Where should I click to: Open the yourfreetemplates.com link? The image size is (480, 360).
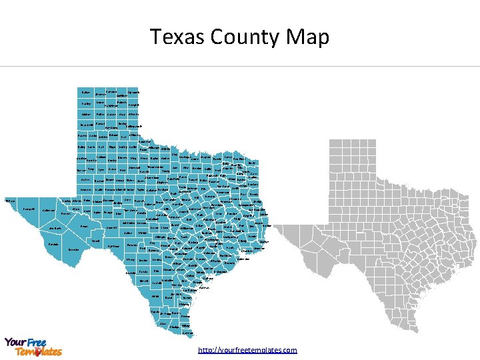tap(247, 350)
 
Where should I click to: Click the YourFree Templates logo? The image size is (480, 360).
tap(33, 346)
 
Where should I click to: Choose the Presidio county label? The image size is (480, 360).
tap(53, 245)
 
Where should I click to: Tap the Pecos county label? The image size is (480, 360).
tap(84, 227)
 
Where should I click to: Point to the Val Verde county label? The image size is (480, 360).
tap(113, 247)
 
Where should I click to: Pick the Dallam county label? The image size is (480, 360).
tap(85, 91)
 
